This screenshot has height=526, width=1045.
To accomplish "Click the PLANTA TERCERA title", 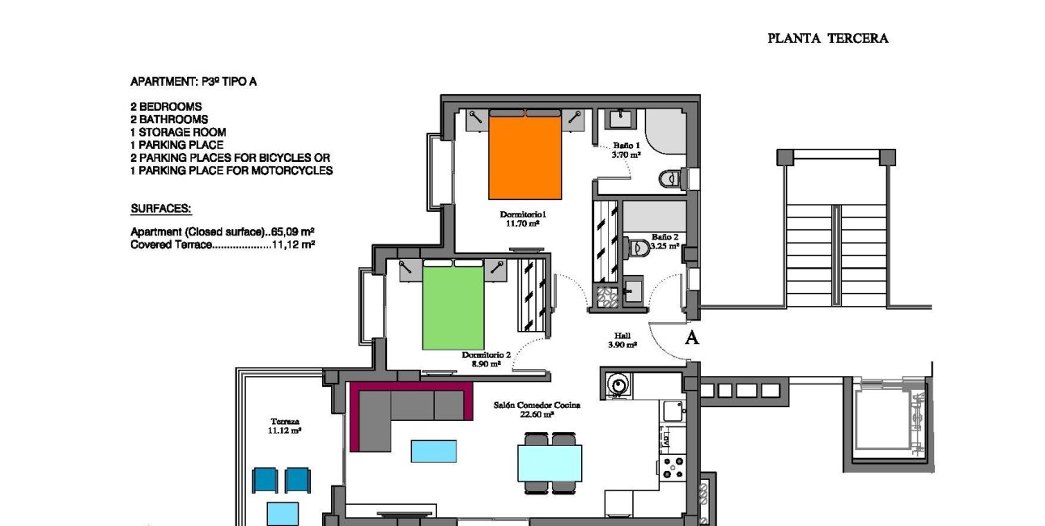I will point(827,38).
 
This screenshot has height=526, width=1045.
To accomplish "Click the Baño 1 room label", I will point(626,150).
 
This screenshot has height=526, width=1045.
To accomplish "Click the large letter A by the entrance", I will point(691,338).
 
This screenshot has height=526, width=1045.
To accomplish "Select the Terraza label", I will point(284,426).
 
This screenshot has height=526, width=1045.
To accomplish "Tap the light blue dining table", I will point(550,463).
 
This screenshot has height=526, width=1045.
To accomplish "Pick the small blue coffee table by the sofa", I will point(433,451).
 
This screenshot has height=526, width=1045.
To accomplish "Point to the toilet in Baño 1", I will point(670,177).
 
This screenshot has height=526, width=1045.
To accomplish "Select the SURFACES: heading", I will point(160,209).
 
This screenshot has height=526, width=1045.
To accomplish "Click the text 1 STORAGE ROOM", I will point(178,132).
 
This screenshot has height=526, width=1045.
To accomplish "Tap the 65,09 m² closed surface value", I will point(292,231).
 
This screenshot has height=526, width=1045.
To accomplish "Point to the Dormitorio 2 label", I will point(486,358).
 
